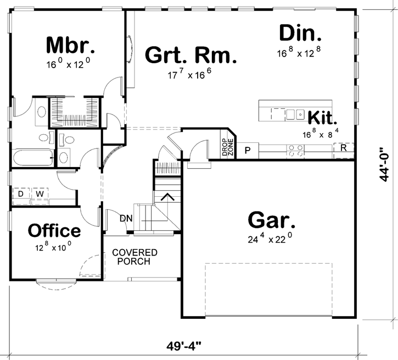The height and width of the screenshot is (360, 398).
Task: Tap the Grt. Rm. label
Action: point(190,56)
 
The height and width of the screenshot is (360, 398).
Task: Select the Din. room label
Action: point(299,34)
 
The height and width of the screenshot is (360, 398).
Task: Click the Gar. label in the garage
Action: point(272,220)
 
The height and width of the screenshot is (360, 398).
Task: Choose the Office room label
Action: point(54,231)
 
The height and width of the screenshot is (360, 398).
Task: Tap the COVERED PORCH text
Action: point(135,257)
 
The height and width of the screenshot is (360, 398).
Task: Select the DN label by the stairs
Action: point(126,218)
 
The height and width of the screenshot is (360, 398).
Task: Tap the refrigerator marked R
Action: point(343,148)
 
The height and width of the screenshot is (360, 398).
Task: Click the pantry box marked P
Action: point(248,149)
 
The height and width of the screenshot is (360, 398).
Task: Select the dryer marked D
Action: point(20,194)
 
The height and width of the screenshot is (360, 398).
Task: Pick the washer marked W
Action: point(40,194)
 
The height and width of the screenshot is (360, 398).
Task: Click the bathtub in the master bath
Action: point(32,158)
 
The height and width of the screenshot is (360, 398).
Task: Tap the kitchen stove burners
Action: point(296,149)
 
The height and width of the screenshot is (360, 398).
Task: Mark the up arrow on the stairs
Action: point(167,196)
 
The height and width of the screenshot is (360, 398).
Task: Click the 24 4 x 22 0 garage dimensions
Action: point(269,239)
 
